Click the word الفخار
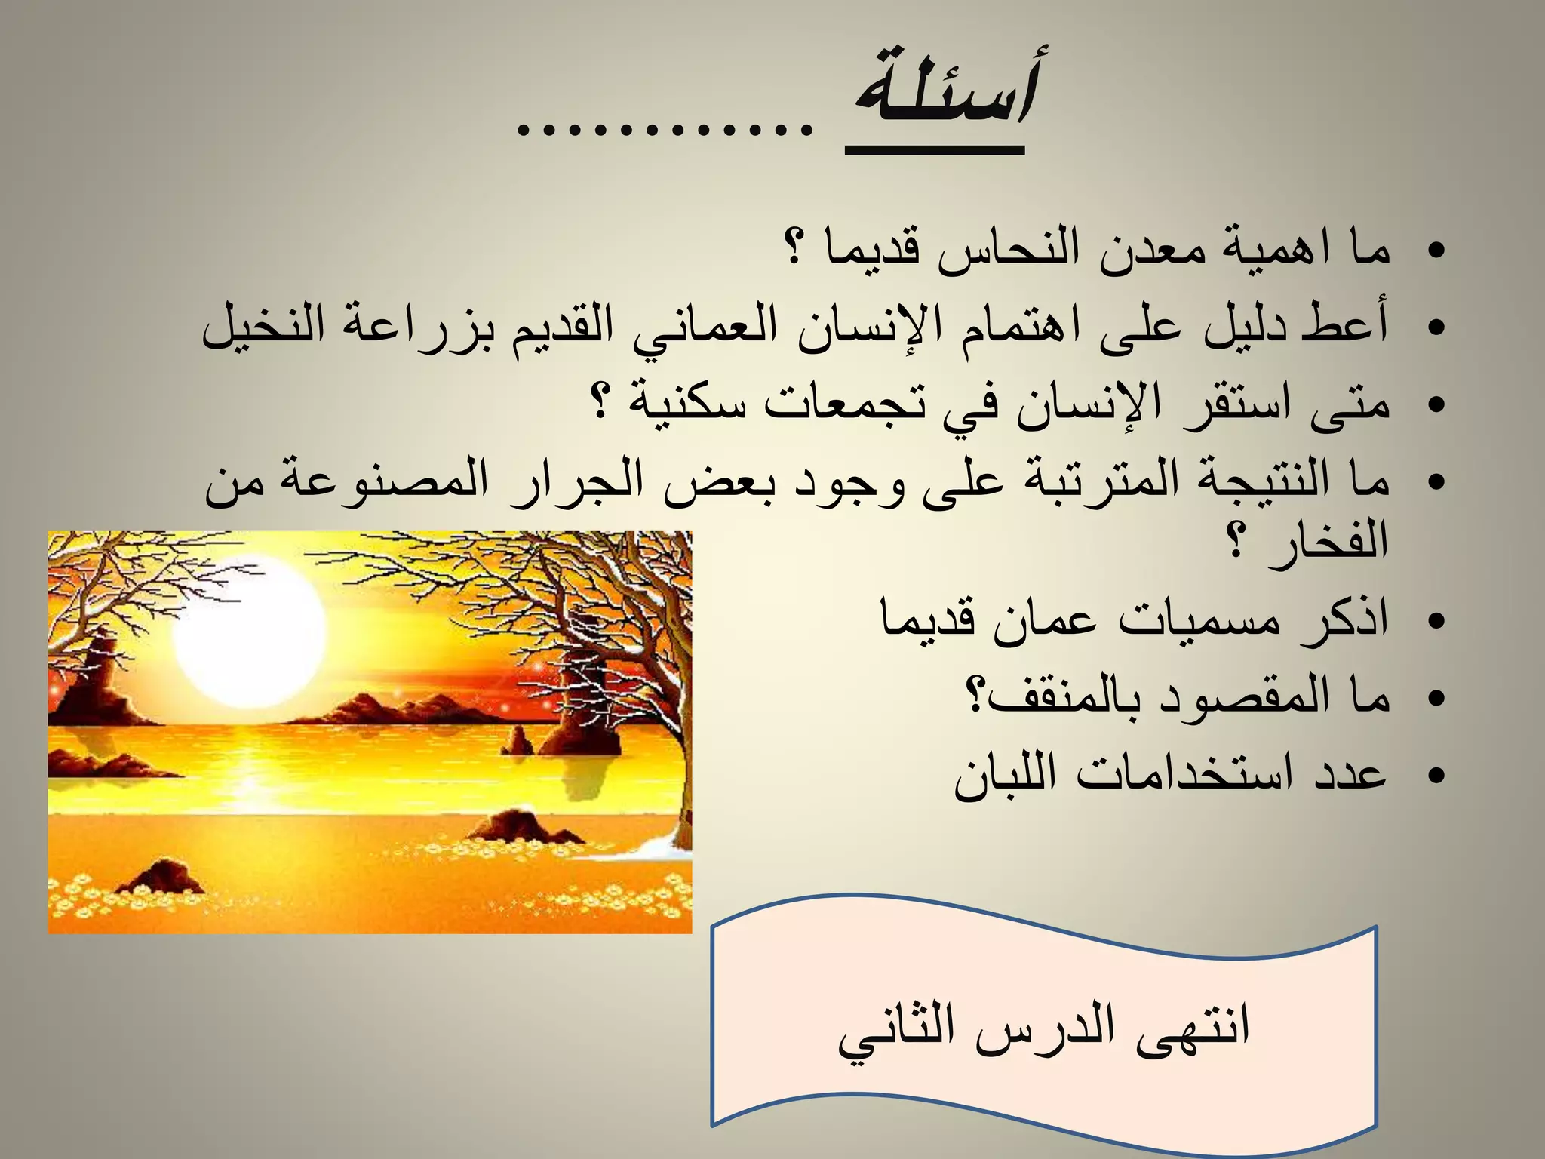point(1328,540)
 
